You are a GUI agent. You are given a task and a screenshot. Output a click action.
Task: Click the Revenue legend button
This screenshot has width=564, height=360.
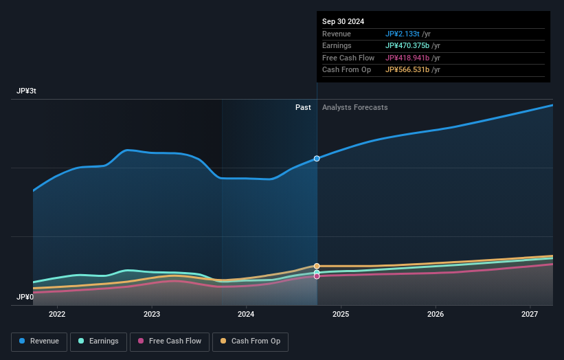point(39,341)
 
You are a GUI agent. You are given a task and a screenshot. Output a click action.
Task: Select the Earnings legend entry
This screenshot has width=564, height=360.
point(98,341)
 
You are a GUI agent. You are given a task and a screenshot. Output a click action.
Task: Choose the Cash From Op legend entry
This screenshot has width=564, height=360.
point(250,341)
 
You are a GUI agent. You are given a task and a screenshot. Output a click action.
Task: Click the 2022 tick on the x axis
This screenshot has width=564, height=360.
point(57,315)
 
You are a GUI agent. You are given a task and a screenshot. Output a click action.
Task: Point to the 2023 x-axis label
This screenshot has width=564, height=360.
point(152,315)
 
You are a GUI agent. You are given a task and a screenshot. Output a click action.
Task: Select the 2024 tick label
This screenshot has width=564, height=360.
point(246,315)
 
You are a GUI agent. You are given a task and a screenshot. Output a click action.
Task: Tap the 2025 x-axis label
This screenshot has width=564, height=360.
point(341,315)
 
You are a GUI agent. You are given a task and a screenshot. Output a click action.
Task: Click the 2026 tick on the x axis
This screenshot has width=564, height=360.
point(435,315)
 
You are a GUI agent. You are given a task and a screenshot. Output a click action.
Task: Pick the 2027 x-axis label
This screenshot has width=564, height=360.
point(530,315)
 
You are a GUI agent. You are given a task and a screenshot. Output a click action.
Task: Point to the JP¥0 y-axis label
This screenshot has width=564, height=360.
point(25,297)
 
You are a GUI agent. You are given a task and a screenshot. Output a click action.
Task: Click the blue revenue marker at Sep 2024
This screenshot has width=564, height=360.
point(317,159)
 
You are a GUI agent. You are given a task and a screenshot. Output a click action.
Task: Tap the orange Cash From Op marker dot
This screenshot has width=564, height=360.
point(317,266)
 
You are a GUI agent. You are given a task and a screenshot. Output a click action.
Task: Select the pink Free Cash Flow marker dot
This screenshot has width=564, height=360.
point(317,276)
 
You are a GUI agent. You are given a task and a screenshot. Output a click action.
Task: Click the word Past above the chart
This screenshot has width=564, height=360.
point(303,108)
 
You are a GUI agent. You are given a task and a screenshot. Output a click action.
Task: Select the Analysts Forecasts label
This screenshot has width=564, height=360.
point(354,108)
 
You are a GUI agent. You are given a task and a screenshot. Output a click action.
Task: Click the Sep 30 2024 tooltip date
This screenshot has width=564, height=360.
point(343,21)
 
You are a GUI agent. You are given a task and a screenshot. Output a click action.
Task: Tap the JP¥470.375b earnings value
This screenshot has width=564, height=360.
point(407,46)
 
